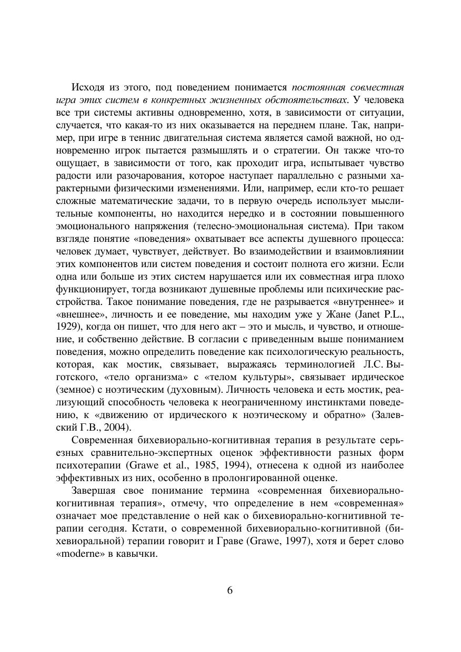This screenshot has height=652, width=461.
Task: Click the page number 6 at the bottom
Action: tap(230, 590)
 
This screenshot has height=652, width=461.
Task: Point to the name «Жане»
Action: tap(335, 314)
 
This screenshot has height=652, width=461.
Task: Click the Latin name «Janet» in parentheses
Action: tap(368, 314)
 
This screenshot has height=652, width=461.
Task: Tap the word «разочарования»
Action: tap(136, 176)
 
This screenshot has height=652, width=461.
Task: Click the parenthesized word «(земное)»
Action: tap(74, 390)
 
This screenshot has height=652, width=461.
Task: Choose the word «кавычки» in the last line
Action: tap(137, 554)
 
